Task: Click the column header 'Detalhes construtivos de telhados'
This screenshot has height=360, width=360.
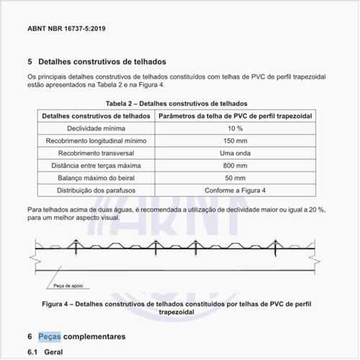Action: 96,115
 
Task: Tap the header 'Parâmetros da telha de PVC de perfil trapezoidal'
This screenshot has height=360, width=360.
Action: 235,115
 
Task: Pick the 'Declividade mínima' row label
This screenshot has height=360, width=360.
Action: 96,127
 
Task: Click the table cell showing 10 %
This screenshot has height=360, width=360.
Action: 235,127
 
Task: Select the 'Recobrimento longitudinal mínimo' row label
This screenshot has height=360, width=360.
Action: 96,140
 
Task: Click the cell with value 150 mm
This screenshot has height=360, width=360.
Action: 235,140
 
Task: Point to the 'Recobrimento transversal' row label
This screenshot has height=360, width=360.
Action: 96,153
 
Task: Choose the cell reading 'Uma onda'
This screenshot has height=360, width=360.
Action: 235,153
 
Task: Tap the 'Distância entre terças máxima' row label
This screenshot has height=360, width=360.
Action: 96,165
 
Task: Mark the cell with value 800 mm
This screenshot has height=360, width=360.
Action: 235,165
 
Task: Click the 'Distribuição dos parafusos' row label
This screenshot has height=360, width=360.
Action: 96,190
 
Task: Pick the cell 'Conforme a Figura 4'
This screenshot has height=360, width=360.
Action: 235,190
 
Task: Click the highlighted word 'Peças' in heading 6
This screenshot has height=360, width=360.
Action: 50,336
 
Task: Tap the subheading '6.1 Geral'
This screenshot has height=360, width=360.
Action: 45,352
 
